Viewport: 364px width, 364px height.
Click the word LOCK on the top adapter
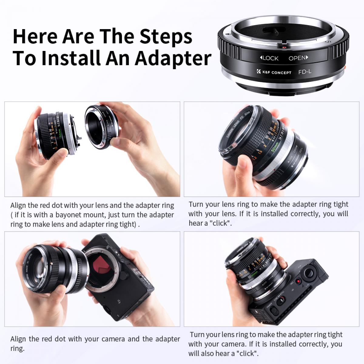pyautogui.click(x=269, y=58)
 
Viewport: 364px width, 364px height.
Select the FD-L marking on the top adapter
pyautogui.click(x=305, y=72)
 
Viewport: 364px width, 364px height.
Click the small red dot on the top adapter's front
pyautogui.click(x=284, y=47)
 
